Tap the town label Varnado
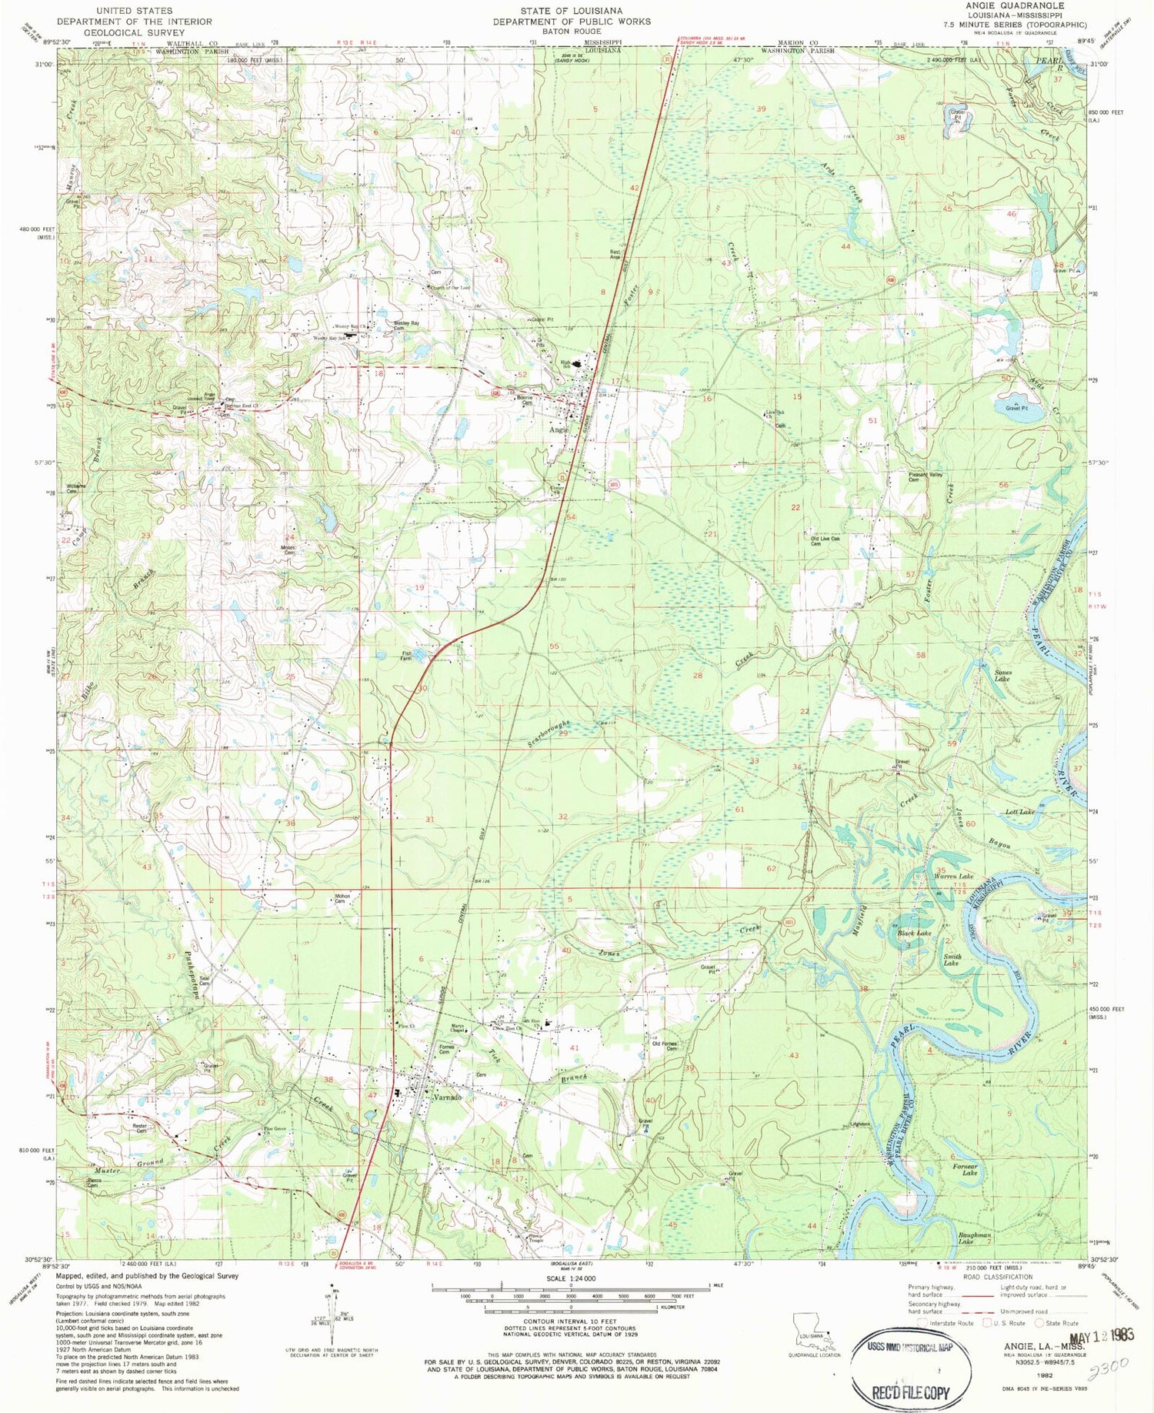447,1097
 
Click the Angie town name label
559,430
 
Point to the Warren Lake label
954,877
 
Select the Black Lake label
914,933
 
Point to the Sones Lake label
1002,676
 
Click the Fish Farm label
405,656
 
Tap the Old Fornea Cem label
665,1046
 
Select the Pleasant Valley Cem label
926,477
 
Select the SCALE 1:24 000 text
569,1278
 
